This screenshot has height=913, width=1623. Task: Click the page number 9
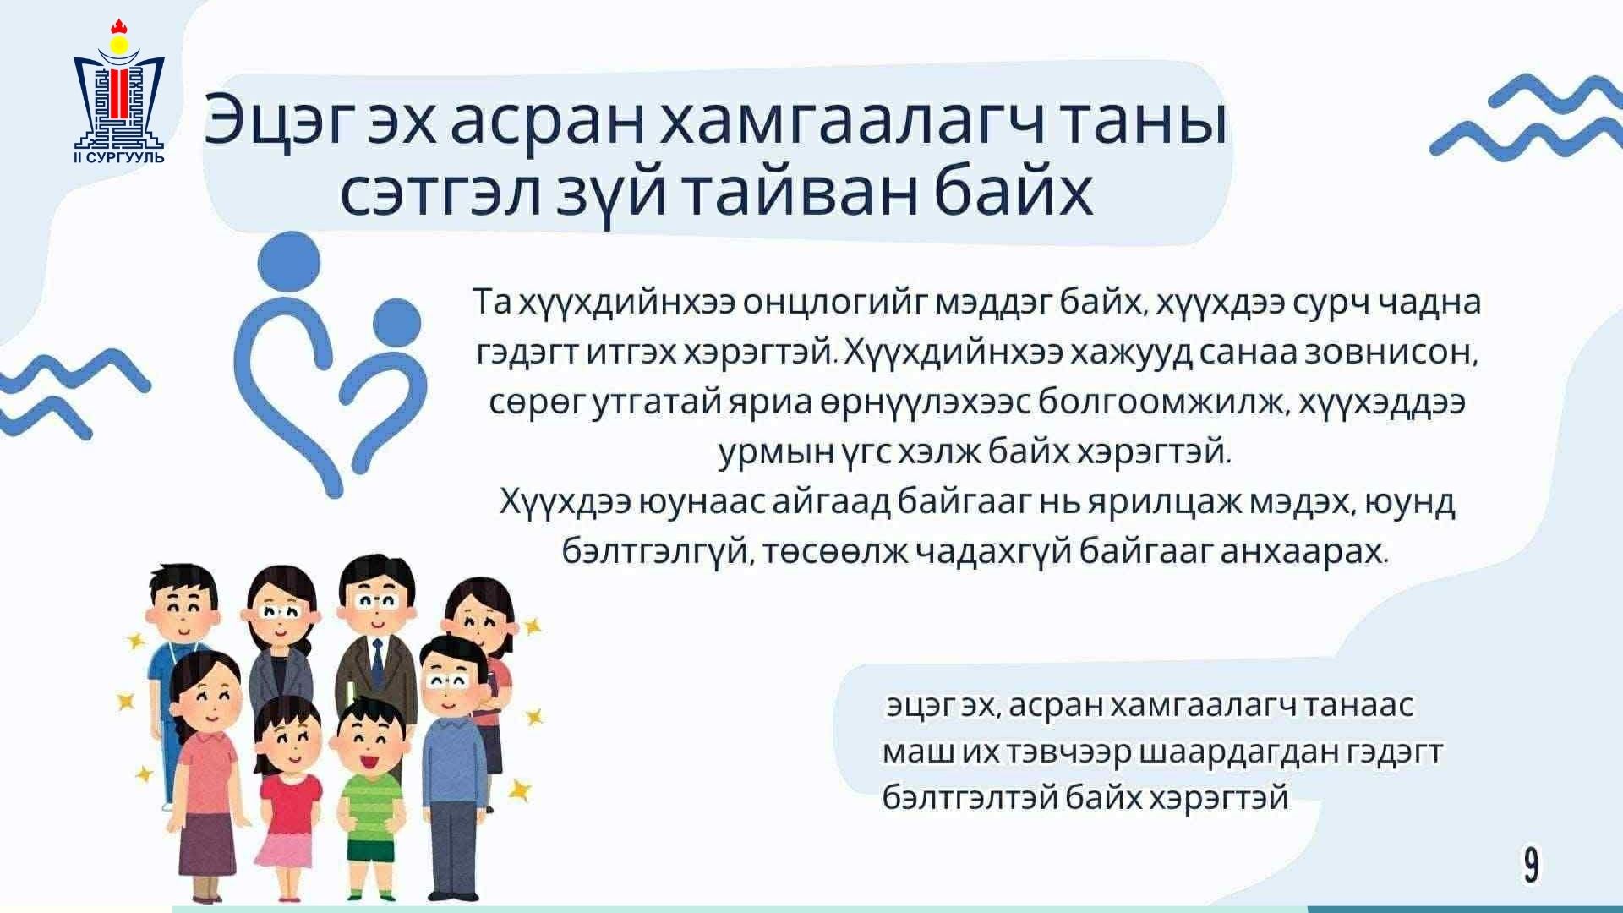tap(1531, 866)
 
